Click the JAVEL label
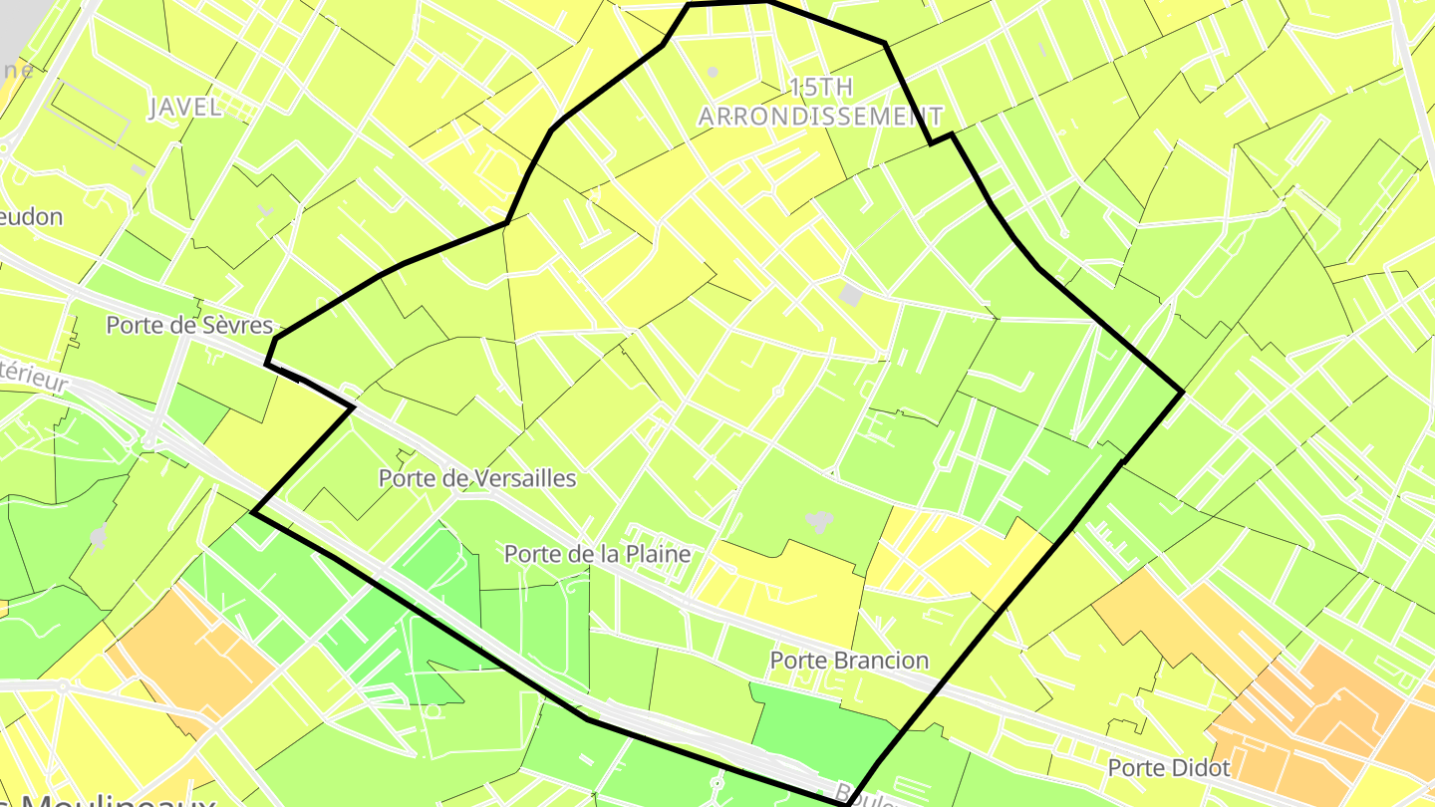pyautogui.click(x=185, y=108)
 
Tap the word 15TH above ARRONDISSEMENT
pyautogui.click(x=820, y=87)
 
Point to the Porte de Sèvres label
pyautogui.click(x=189, y=325)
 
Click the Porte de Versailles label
pyautogui.click(x=477, y=478)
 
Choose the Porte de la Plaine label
pyautogui.click(x=597, y=553)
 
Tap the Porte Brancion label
pyautogui.click(x=849, y=660)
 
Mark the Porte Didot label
pyautogui.click(x=1169, y=768)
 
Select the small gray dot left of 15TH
pyautogui.click(x=713, y=72)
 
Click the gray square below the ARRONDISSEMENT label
pyautogui.click(x=850, y=294)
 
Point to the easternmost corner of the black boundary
pyautogui.click(x=1183, y=393)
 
